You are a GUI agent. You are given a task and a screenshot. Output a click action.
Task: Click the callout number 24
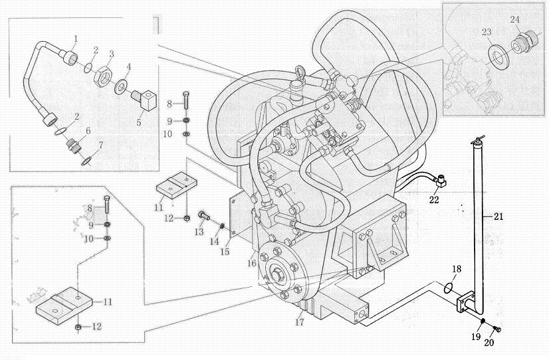point(514,19)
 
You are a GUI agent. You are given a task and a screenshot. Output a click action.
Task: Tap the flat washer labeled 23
point(498,57)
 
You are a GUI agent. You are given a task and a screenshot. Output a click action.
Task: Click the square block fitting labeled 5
point(121,86)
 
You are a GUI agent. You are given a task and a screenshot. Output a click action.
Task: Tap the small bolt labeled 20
point(497,329)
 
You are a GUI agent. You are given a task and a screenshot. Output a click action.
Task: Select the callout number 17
point(299,322)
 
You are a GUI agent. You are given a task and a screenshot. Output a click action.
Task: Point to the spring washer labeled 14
point(221,226)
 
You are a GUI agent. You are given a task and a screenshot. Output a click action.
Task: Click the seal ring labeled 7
point(86,161)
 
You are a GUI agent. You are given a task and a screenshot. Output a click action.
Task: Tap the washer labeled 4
point(121,86)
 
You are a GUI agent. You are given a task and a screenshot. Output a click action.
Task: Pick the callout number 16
point(252,263)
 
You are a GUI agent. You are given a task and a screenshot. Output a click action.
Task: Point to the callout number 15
point(225,252)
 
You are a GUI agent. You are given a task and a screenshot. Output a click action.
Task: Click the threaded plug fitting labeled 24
point(524,41)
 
